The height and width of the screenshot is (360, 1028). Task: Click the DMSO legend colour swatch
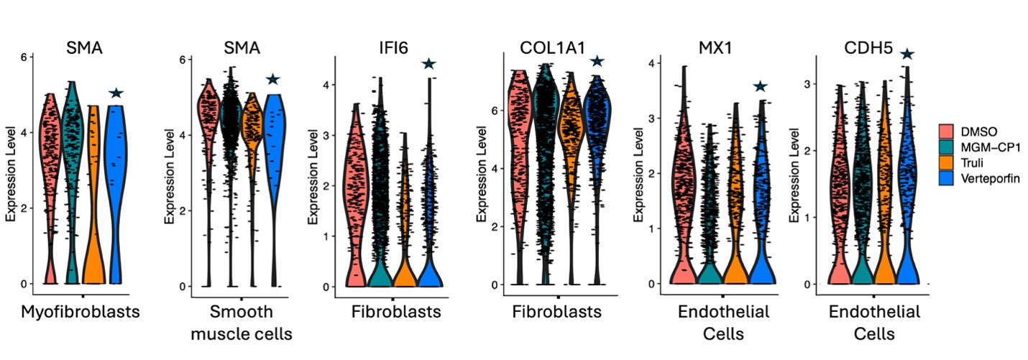click(x=947, y=129)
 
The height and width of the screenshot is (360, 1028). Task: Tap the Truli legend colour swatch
click(x=947, y=162)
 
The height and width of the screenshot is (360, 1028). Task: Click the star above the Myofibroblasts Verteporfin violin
click(x=116, y=93)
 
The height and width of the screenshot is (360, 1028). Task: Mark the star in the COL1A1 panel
click(x=597, y=62)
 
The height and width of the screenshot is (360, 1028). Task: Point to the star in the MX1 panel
click(x=761, y=87)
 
